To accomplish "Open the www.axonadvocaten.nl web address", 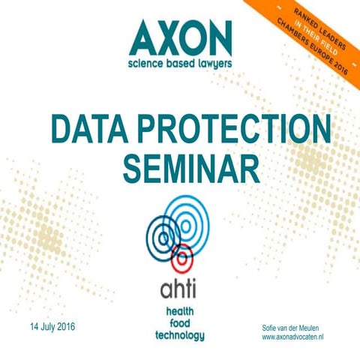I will click(297, 339).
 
